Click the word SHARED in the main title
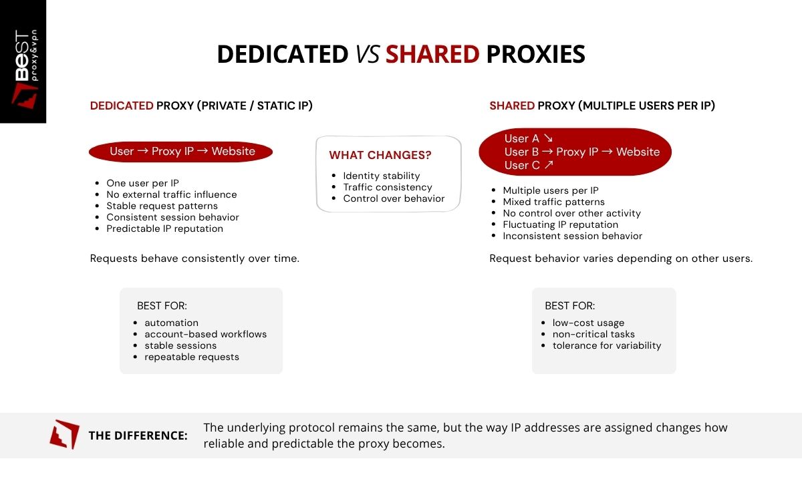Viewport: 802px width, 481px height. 432,54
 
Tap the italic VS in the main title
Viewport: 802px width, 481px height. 367,54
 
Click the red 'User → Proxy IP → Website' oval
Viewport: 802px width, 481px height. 182,152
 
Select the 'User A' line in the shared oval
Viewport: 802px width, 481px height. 528,138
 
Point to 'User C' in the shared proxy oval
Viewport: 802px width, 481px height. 528,165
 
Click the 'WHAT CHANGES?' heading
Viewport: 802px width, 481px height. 380,156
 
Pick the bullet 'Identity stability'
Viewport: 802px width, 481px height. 382,176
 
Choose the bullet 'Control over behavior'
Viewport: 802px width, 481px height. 394,198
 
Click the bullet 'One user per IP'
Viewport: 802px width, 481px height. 142,183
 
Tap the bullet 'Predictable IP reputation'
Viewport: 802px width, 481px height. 164,228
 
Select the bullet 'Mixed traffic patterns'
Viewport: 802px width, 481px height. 553,202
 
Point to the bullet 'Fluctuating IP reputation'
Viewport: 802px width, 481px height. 560,224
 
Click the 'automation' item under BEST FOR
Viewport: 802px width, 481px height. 171,323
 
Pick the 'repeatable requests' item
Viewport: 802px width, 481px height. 191,357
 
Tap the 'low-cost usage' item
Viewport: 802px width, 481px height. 588,323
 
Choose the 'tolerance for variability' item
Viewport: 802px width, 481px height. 606,345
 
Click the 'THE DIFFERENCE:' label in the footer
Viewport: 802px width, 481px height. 138,436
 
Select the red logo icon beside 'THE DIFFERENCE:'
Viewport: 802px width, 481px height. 64,434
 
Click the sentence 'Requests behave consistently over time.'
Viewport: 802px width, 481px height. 194,259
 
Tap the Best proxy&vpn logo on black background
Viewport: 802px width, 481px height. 23,61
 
